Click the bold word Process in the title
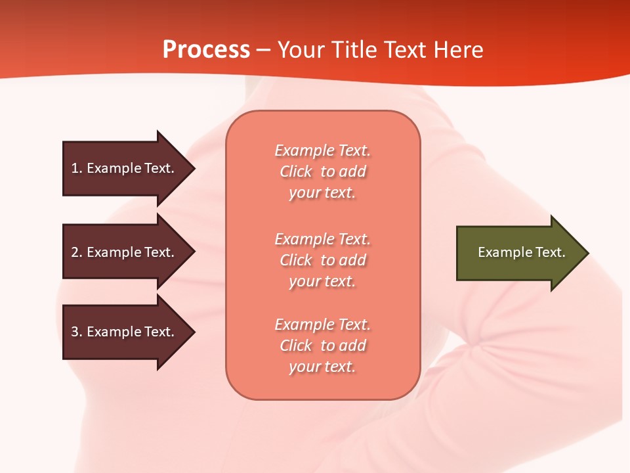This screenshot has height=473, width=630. (206, 50)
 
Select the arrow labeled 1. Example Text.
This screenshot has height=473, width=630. (125, 168)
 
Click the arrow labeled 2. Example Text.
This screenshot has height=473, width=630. (125, 252)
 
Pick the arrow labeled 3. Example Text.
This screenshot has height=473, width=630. (125, 332)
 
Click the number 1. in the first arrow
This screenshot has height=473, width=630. (77, 168)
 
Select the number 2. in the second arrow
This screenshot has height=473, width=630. (77, 252)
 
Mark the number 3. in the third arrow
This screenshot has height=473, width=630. (77, 332)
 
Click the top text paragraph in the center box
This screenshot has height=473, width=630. (322, 171)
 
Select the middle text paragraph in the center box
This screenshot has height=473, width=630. (322, 260)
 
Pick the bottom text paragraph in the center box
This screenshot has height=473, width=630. (322, 346)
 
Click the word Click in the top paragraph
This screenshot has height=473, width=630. (296, 171)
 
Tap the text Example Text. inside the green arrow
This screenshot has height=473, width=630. (521, 252)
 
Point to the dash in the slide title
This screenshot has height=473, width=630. (263, 50)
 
